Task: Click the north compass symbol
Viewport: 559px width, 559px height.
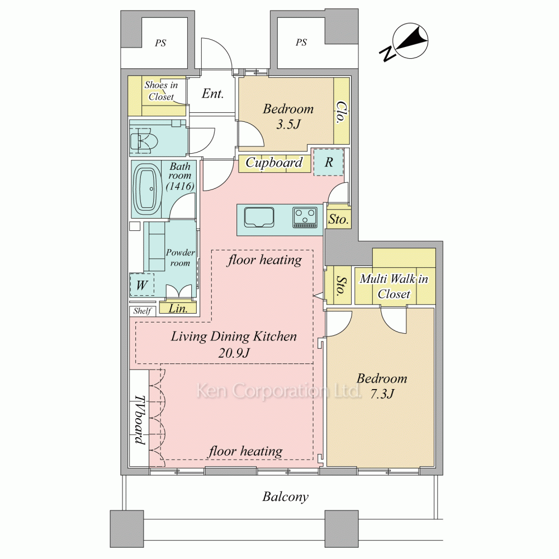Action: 406,42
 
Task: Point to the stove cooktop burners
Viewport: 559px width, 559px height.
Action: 305,217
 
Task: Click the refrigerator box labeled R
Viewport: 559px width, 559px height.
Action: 329,162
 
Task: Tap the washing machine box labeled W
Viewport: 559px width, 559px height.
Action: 142,285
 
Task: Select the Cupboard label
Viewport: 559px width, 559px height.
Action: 274,163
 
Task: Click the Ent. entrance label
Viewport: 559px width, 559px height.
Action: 213,93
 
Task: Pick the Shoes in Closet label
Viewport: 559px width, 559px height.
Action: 161,91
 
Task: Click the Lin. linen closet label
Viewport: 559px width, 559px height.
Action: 178,308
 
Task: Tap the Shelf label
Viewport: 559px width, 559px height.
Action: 142,311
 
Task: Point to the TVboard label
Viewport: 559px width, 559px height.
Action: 140,420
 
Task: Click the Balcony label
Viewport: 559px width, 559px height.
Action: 286,496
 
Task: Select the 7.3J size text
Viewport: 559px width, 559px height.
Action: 382,394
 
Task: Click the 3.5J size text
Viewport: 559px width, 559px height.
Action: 288,124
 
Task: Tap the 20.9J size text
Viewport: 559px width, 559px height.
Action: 234,353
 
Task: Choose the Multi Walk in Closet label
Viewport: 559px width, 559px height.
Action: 394,286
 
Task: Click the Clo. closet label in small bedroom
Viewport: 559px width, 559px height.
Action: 342,112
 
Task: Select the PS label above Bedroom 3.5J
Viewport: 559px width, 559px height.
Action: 301,42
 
